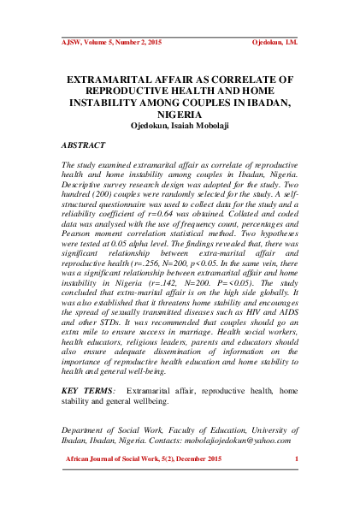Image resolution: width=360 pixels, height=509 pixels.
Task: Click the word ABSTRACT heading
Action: pyautogui.click(x=85, y=146)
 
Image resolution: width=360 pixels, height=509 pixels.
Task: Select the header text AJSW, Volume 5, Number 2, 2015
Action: pyautogui.click(x=111, y=40)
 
